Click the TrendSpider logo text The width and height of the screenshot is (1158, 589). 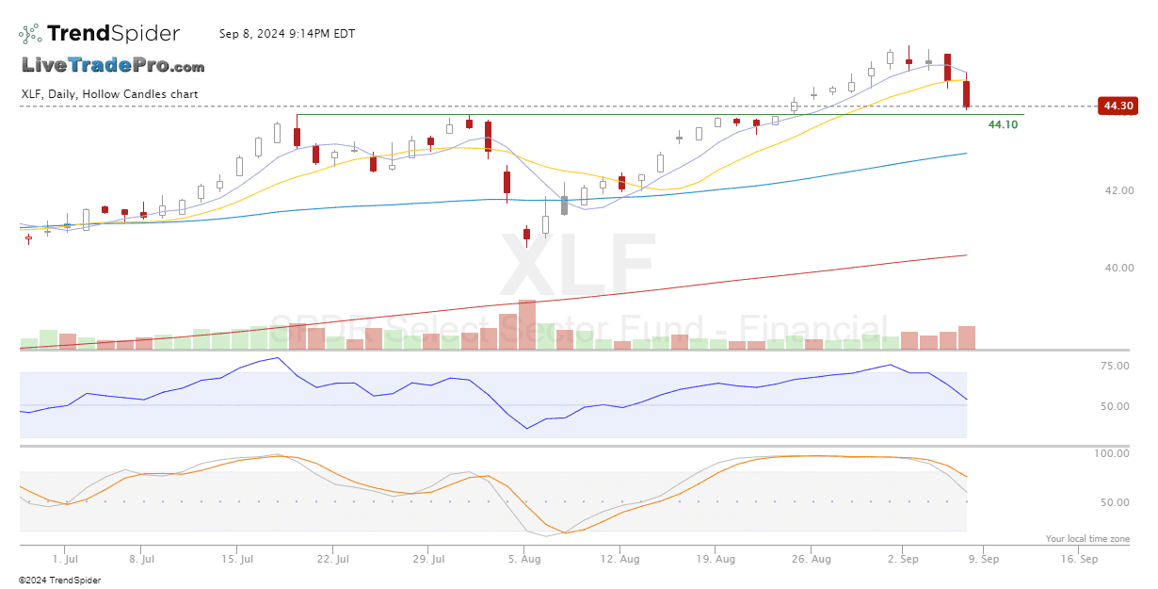tap(113, 34)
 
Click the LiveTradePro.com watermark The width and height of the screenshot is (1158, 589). tap(113, 66)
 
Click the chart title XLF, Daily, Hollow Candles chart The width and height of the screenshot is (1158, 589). tap(109, 94)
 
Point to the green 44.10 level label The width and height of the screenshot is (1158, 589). tap(1003, 124)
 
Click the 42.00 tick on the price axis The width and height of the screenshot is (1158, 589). tap(1119, 190)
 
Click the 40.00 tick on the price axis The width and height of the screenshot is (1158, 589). tap(1119, 268)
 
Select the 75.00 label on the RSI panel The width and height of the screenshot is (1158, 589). tap(1116, 366)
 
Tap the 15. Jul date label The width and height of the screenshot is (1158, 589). tap(238, 559)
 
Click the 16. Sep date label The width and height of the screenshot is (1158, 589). tap(1080, 559)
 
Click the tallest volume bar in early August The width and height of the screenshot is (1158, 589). tap(527, 325)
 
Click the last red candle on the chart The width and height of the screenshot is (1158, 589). tap(967, 94)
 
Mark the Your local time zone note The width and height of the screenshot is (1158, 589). tap(1087, 539)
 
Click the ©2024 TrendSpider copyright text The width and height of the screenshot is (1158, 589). tap(59, 581)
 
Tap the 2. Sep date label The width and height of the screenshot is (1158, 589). tap(903, 559)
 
